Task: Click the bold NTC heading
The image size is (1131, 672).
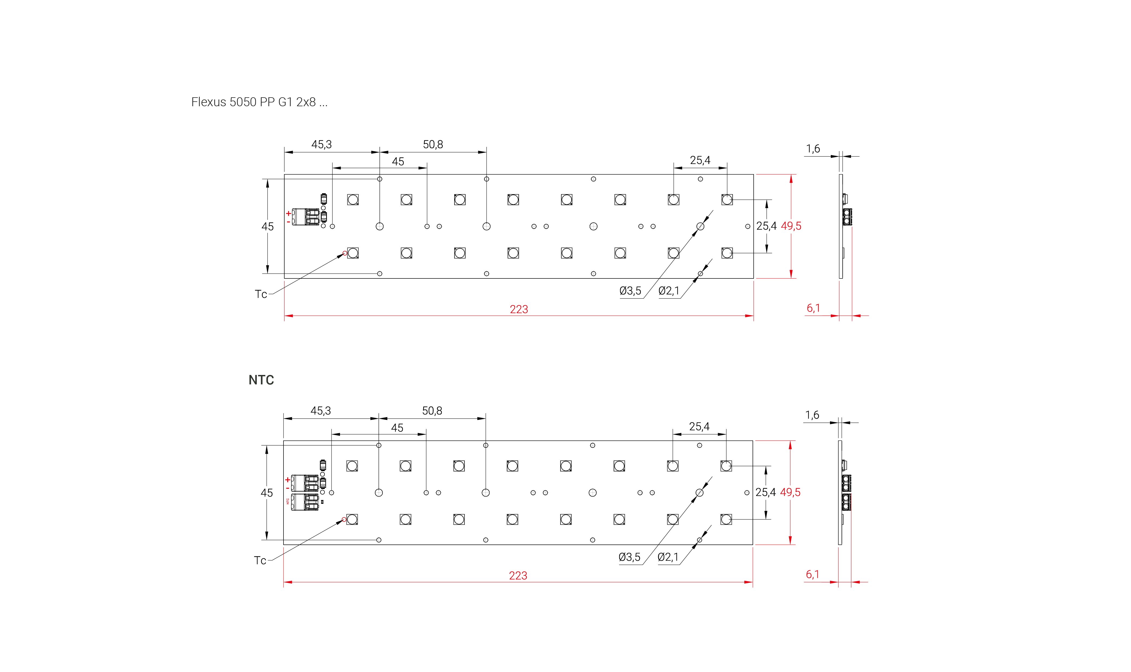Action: click(261, 380)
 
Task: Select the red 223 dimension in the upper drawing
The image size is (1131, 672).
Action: click(518, 309)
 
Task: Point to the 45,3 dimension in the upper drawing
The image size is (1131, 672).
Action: click(321, 144)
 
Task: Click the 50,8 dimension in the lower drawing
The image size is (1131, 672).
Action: click(432, 411)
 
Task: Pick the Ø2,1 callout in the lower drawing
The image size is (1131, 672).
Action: click(668, 557)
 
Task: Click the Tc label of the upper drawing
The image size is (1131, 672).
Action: click(261, 294)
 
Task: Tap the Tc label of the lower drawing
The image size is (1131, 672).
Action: click(260, 561)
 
